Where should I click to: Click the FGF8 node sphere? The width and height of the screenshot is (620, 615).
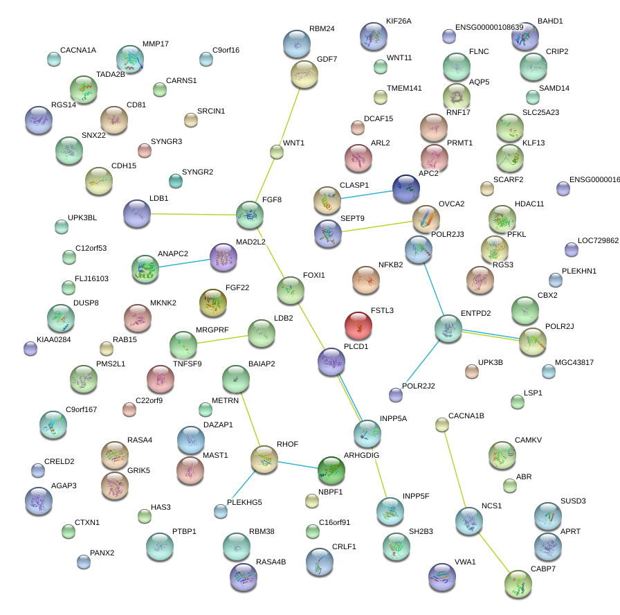pos(250,214)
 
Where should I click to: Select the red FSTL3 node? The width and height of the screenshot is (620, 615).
pos(358,325)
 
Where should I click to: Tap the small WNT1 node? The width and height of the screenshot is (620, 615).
pos(276,152)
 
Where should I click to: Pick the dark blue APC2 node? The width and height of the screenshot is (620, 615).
pos(406,188)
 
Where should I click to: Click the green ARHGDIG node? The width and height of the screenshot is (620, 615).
pos(331,470)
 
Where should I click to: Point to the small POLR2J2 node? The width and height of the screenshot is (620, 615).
pos(396,395)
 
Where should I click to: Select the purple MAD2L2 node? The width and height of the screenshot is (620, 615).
pos(223,257)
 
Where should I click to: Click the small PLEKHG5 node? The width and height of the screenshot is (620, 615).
pos(221,511)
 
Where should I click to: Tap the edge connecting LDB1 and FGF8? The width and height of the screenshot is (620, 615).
pos(194,214)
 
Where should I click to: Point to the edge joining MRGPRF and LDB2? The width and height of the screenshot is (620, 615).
pos(222,339)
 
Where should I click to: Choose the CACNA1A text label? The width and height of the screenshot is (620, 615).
pos(78,50)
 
